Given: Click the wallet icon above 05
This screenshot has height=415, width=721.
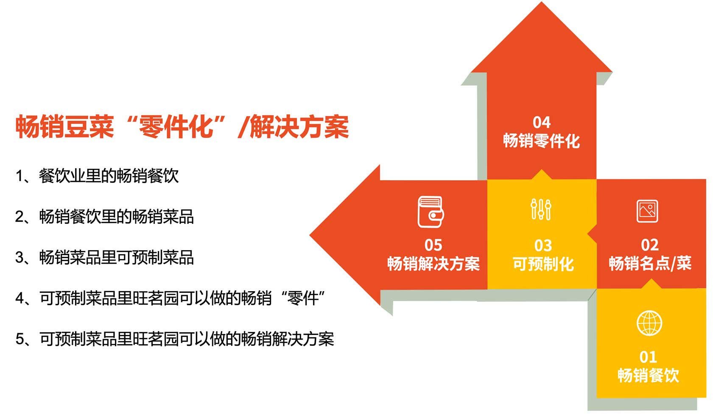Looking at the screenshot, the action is (x=430, y=212).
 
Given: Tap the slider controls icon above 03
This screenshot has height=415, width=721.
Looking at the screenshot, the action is (x=541, y=209).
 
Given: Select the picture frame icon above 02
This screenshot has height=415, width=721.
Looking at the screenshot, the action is (x=647, y=211).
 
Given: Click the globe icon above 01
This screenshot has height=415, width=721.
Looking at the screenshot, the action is (x=649, y=323).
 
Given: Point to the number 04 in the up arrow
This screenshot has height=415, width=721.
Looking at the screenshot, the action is (x=542, y=123).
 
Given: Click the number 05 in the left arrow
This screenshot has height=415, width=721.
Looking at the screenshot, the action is (x=433, y=245).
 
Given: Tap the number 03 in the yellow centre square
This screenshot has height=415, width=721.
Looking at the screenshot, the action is (x=543, y=246).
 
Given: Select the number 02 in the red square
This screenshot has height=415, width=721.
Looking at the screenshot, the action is (x=650, y=245).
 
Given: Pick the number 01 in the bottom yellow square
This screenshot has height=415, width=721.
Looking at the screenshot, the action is (x=648, y=357).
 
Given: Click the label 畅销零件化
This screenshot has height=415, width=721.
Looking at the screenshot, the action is (x=542, y=141).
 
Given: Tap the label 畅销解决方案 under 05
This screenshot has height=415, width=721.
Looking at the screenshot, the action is (x=433, y=264).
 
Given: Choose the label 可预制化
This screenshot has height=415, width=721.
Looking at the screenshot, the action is (x=543, y=264).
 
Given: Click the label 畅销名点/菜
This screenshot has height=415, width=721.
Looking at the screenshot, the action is (x=650, y=264).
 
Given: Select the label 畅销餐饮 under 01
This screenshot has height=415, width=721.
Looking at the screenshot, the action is (x=648, y=375).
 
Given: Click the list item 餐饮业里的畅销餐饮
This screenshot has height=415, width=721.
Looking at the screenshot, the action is (x=109, y=176).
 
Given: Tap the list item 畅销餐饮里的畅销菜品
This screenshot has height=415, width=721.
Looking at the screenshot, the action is (x=117, y=217).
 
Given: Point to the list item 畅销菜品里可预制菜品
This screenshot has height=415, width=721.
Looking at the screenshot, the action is (x=117, y=257).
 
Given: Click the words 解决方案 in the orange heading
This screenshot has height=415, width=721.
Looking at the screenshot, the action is (x=299, y=127).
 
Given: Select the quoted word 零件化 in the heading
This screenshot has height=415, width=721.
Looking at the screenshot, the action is (x=176, y=127).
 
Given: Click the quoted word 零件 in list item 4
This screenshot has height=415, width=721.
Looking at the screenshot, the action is (x=302, y=298).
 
